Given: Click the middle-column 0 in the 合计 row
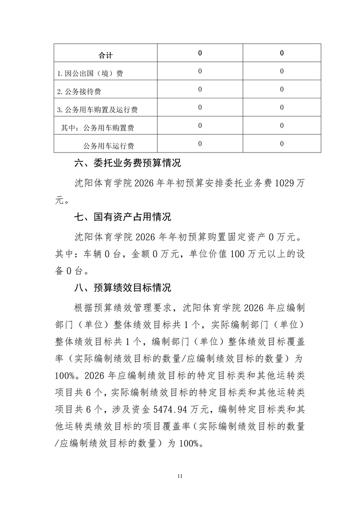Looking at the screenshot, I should pos(200,53).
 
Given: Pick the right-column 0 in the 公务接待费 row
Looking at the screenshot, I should pos(282,89).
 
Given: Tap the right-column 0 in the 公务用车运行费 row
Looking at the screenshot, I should pos(282,143).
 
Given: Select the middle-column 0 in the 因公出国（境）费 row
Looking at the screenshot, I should pos(200,71).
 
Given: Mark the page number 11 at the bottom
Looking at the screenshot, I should pos(180,476).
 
